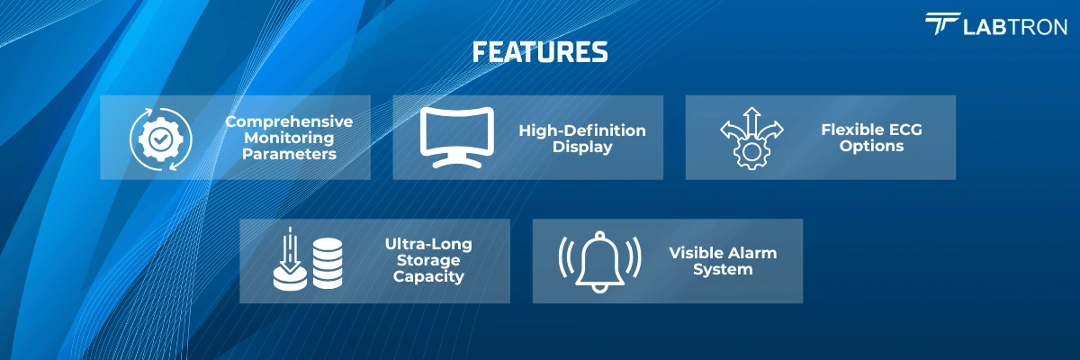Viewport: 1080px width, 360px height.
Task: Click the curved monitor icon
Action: [x=458, y=138]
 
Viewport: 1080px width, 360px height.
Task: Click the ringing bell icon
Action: [x=599, y=261]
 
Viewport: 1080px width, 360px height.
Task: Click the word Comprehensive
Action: [x=289, y=121]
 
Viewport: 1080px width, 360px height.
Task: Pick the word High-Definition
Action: [x=582, y=130]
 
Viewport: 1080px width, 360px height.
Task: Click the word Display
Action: [x=582, y=147]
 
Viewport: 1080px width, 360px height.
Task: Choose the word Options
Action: [x=871, y=147]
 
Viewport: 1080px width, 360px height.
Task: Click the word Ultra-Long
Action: [x=428, y=244]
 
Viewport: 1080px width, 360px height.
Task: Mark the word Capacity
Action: [x=428, y=277]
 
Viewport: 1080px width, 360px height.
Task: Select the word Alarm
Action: [x=753, y=253]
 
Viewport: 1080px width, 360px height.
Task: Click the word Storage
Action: [x=428, y=261]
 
